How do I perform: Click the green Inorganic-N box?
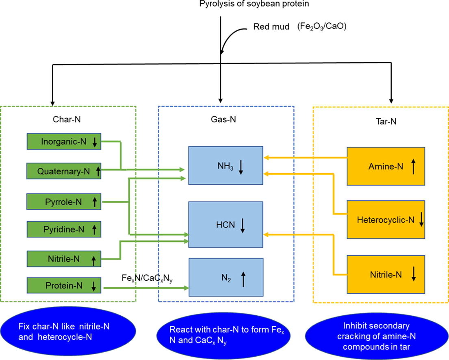63,142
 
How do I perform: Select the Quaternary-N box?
63,171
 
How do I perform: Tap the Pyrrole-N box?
63,201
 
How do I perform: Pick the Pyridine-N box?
63,230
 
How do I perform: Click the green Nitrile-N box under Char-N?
63,258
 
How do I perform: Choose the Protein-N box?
63,286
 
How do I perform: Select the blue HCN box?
226,224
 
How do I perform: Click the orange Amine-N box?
386,166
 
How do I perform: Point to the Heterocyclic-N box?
386,220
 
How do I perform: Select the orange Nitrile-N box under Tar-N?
386,275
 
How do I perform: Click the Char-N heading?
67,120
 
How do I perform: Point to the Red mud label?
271,28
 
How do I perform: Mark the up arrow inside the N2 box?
243,279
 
